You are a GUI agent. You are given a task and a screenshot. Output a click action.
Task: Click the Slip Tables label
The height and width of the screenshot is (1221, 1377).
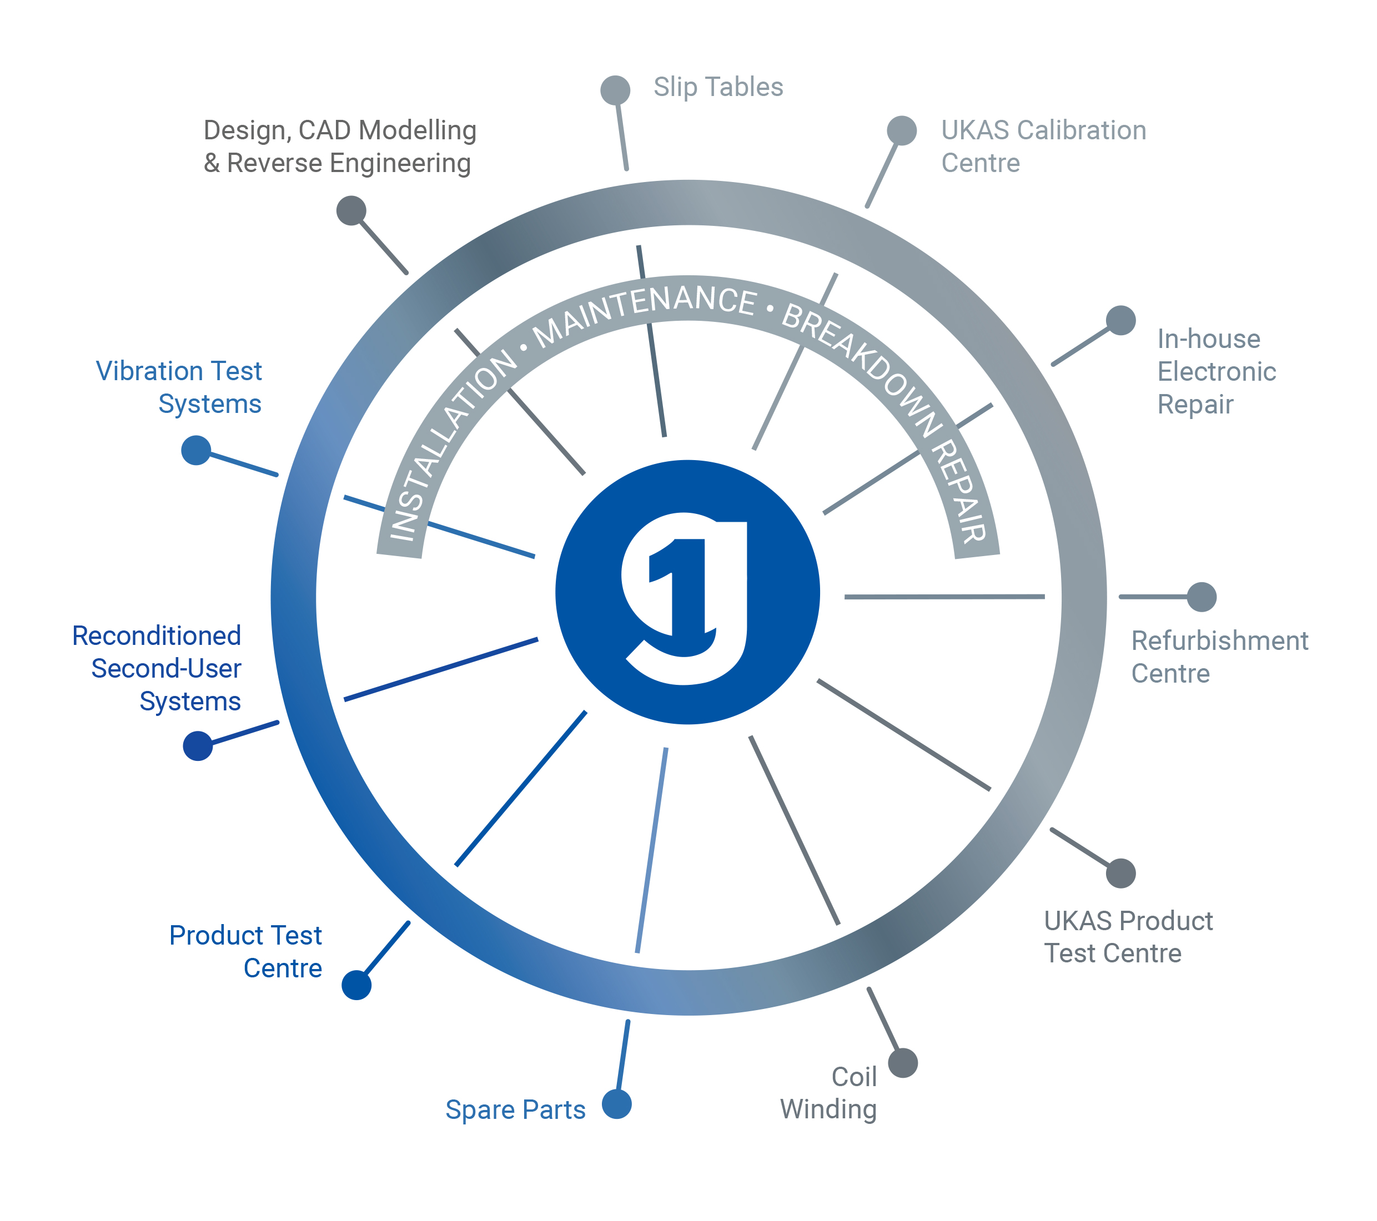[x=718, y=88]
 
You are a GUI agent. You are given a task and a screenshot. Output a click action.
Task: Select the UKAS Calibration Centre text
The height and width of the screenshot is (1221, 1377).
[x=1043, y=146]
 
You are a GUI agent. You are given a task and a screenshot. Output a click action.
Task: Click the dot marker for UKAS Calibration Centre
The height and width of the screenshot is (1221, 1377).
[x=901, y=130]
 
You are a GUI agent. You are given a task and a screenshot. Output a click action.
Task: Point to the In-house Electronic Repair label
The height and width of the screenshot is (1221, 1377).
[x=1216, y=371]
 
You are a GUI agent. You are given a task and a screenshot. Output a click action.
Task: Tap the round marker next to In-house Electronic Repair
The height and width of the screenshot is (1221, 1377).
[x=1121, y=320]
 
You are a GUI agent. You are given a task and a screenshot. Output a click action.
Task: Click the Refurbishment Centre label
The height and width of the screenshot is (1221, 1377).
[x=1219, y=657]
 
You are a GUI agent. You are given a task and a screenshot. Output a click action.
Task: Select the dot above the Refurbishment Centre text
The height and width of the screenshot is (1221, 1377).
[x=1201, y=597]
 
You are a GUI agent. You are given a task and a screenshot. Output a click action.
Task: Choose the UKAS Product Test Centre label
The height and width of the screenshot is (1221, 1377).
[x=1128, y=937]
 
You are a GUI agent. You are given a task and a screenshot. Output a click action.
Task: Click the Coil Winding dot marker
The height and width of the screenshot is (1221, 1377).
[x=903, y=1063]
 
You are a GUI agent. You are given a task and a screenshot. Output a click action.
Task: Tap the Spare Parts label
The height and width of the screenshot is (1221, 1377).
[x=515, y=1109]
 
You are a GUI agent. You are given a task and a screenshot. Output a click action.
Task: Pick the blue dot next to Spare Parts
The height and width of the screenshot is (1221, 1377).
[x=616, y=1104]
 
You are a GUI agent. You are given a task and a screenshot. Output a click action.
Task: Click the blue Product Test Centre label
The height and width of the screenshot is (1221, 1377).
[x=246, y=952]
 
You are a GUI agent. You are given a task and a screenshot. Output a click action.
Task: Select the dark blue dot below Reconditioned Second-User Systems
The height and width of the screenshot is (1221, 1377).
[x=197, y=746]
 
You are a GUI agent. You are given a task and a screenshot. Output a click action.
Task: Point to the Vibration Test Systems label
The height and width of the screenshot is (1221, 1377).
[x=179, y=387]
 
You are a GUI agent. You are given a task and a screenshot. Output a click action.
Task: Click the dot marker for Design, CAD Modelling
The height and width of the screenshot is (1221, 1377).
[x=351, y=211]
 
